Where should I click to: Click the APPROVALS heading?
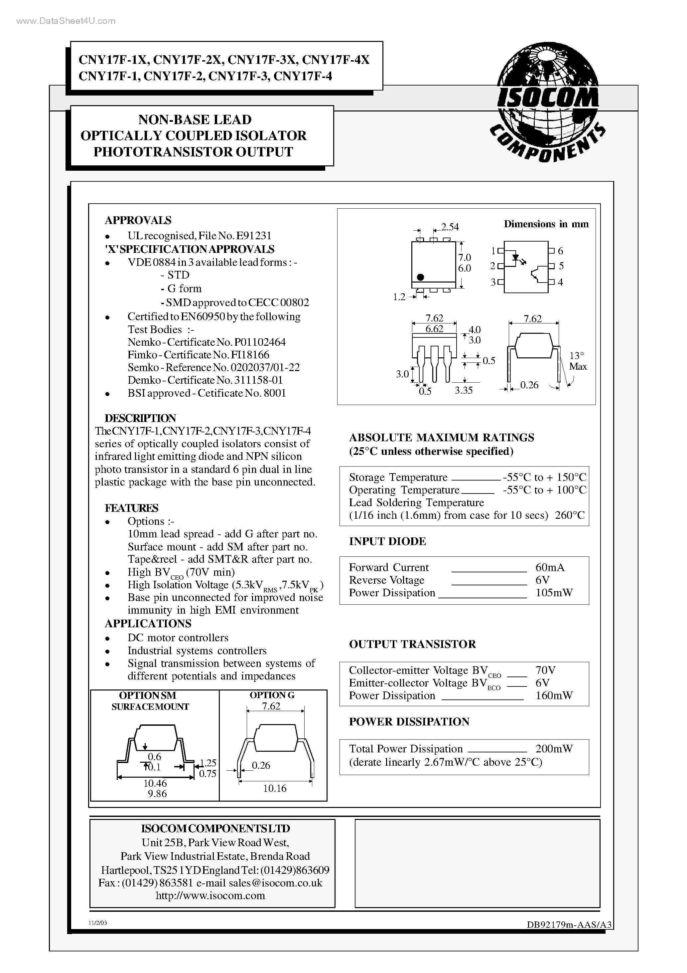coord(138,220)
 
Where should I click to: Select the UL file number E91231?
coord(257,236)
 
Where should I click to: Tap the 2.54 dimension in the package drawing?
coord(450,227)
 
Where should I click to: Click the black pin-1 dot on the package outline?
coord(420,277)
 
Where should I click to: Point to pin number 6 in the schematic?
coord(560,251)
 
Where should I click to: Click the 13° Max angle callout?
coord(577,361)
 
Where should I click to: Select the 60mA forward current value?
coord(550,567)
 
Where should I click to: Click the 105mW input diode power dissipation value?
coord(554,593)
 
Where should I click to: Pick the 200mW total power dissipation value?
coord(554,749)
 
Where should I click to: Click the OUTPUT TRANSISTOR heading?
coord(412,644)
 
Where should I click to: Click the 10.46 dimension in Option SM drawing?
coord(155,783)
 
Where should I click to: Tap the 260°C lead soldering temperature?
coord(569,515)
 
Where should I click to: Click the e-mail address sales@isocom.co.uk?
coord(275,883)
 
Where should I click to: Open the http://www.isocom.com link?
coord(210,895)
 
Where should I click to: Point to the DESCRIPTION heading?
coord(140,418)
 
